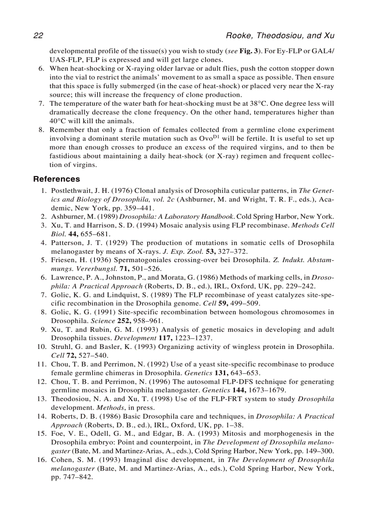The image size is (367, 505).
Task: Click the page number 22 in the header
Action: [x=38, y=36]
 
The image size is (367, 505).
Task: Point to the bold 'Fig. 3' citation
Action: [x=250, y=51]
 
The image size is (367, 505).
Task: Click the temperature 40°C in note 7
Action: [x=58, y=121]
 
